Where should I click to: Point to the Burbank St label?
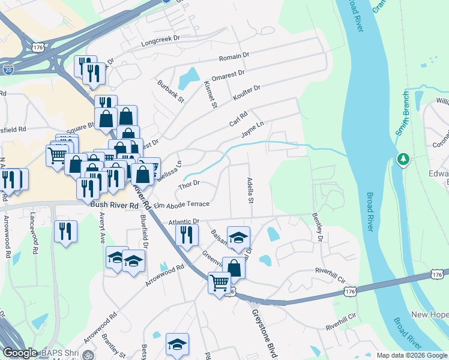167,91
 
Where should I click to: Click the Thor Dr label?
188,185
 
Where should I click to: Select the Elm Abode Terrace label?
181,204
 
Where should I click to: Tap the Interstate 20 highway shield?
8,70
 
